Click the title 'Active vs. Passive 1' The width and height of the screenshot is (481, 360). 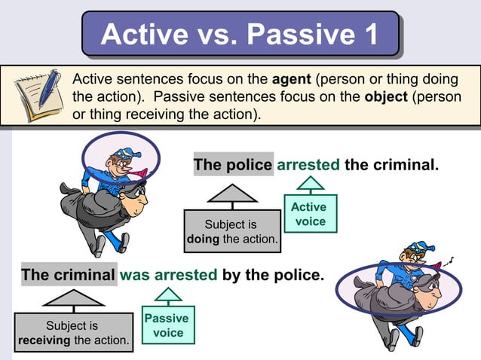tap(239, 35)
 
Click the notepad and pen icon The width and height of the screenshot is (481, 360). tap(37, 96)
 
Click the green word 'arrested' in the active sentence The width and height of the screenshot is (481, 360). tap(308, 164)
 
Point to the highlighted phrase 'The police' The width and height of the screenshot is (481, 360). tap(233, 164)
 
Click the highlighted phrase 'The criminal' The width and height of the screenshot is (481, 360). tap(69, 275)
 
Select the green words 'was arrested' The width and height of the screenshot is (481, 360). tap(169, 275)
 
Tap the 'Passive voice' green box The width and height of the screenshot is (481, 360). tap(168, 325)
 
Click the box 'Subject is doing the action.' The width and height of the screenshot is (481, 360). tap(231, 232)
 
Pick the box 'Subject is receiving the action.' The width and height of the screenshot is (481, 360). tap(73, 333)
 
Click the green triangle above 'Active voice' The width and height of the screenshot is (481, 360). tap(309, 184)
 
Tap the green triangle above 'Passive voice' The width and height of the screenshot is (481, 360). tap(167, 295)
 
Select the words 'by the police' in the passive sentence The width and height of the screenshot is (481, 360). tap(273, 275)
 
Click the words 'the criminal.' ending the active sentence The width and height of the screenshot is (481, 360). tap(391, 164)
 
